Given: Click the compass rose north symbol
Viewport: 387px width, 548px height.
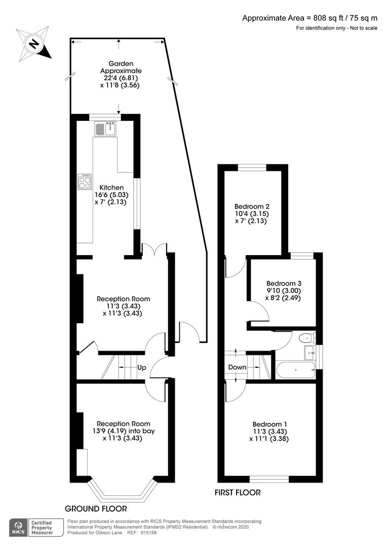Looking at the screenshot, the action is click(34, 44).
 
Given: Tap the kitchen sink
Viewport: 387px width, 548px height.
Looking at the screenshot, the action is click(105, 128).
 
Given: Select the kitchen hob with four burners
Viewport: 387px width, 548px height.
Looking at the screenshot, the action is click(85, 182).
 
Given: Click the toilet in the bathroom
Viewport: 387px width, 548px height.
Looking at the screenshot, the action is click(307, 337).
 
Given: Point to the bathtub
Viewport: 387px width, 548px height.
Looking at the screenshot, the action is click(296, 370).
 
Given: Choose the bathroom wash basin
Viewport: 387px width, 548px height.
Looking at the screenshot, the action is click(310, 353).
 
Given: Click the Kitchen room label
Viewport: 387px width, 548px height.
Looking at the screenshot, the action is click(111, 188).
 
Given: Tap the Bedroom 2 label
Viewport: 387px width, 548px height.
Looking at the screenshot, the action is click(252, 206).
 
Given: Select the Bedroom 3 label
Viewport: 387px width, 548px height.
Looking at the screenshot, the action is click(284, 284).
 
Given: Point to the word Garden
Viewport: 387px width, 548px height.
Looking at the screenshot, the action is click(121, 63).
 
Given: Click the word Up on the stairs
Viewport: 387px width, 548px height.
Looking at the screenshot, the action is click(142, 368).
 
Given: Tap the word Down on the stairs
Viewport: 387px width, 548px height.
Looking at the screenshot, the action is click(237, 367).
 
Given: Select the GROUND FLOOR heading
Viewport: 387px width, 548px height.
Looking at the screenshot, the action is click(96, 508).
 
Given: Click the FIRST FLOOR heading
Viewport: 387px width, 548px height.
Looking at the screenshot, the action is click(238, 492).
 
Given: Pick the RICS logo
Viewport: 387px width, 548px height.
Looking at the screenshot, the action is click(19, 528).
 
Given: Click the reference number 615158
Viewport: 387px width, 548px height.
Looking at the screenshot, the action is click(148, 533).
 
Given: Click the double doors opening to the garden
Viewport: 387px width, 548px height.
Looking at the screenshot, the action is click(154, 249).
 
